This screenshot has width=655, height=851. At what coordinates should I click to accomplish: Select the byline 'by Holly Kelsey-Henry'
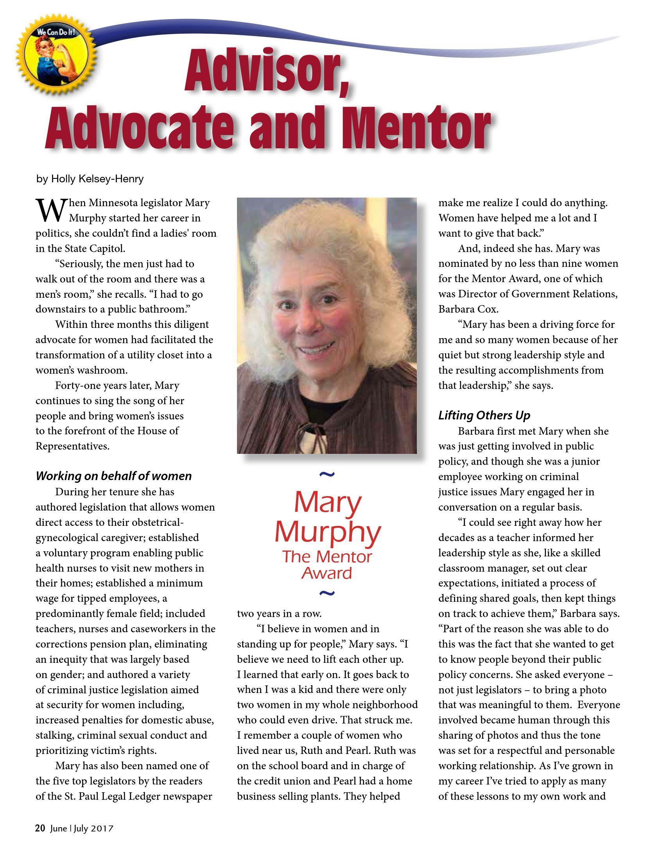pyautogui.click(x=90, y=179)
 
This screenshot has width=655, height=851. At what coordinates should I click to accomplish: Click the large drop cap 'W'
pyautogui.click(x=50, y=210)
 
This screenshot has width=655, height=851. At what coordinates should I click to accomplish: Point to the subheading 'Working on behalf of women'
pyautogui.click(x=113, y=476)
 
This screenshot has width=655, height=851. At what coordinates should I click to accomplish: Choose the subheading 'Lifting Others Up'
pyautogui.click(x=484, y=415)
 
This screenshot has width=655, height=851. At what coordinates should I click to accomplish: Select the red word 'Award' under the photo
pyautogui.click(x=327, y=574)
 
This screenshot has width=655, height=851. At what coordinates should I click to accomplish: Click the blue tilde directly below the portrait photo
pyautogui.click(x=327, y=475)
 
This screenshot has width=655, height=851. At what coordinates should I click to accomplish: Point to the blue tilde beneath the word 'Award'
pyautogui.click(x=327, y=593)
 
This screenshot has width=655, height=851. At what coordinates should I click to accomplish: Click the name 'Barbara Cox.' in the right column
pyautogui.click(x=468, y=309)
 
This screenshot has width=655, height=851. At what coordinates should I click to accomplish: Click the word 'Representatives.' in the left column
pyautogui.click(x=72, y=446)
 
